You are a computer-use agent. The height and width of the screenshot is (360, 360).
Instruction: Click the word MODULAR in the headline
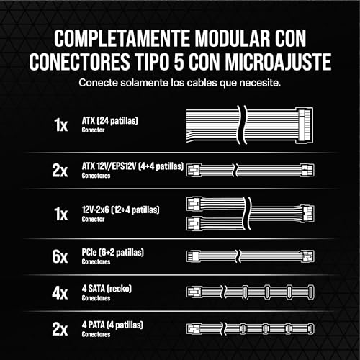(232, 38)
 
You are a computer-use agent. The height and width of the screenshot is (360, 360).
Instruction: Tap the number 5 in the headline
(179, 62)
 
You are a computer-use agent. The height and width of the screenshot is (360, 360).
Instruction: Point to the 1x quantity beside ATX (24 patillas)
(60, 125)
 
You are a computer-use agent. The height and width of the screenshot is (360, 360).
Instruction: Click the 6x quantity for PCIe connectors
(60, 256)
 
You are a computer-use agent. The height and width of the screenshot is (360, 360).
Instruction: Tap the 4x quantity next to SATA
(60, 293)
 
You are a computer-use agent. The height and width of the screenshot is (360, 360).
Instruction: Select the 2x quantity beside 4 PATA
(60, 329)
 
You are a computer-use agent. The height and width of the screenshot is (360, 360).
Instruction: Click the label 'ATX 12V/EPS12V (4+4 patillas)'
(132, 166)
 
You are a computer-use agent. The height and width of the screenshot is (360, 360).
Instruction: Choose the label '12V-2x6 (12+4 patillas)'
(120, 210)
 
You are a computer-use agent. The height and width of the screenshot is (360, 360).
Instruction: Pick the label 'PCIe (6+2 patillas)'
(113, 252)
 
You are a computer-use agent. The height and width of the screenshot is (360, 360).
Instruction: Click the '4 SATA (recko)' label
(107, 289)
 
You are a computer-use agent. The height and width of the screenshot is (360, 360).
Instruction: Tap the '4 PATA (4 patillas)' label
(112, 325)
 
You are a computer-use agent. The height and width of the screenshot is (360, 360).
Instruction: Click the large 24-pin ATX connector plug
(305, 125)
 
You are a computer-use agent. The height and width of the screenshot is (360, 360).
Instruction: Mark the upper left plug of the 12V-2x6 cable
(194, 204)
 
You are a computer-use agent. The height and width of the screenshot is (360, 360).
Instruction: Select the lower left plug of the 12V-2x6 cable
(194, 223)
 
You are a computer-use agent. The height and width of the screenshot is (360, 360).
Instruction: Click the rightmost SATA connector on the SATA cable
(311, 292)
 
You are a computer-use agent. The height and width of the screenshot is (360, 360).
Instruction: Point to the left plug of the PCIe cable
(193, 256)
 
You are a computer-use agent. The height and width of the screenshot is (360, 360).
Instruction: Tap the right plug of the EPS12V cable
(307, 170)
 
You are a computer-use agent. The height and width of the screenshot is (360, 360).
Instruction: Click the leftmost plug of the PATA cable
(194, 328)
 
